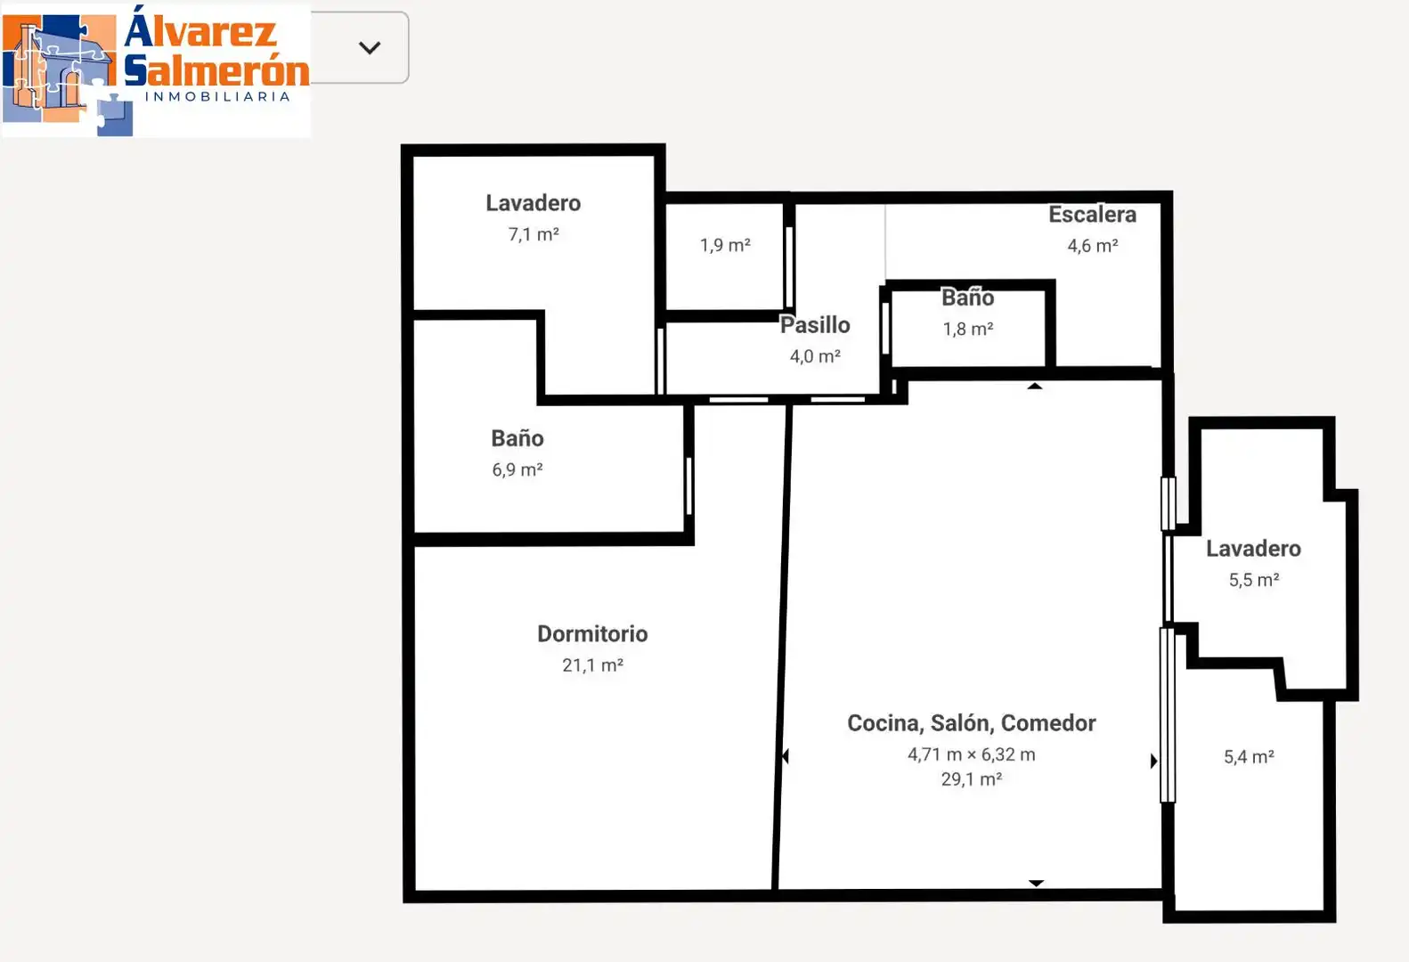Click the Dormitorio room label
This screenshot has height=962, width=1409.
pyautogui.click(x=592, y=633)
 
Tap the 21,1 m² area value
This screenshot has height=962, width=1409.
pyautogui.click(x=592, y=665)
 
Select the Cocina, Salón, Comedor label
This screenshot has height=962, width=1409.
pyautogui.click(x=971, y=723)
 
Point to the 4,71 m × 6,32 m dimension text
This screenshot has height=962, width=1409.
pyautogui.click(x=971, y=754)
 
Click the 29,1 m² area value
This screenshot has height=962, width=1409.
pyautogui.click(x=971, y=779)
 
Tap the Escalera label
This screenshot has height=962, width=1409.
pyautogui.click(x=1093, y=215)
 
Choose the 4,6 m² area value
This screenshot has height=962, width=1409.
pyautogui.click(x=1093, y=245)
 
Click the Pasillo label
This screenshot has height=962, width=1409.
pyautogui.click(x=815, y=325)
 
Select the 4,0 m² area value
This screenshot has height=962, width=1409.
pyautogui.click(x=815, y=356)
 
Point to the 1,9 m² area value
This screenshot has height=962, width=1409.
pyautogui.click(x=725, y=245)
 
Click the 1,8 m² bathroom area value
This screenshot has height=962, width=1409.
pyautogui.click(x=968, y=329)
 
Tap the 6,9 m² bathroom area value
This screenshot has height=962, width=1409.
pyautogui.click(x=517, y=469)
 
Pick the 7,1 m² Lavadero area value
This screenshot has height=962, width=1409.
pyautogui.click(x=533, y=234)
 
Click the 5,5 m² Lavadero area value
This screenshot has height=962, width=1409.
pyautogui.click(x=1254, y=580)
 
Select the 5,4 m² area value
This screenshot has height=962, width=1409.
pyautogui.click(x=1249, y=756)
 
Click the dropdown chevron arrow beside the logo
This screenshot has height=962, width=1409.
pyautogui.click(x=370, y=48)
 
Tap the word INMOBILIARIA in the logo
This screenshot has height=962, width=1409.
pyautogui.click(x=217, y=97)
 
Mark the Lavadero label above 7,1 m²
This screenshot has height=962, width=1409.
pyautogui.click(x=533, y=203)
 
